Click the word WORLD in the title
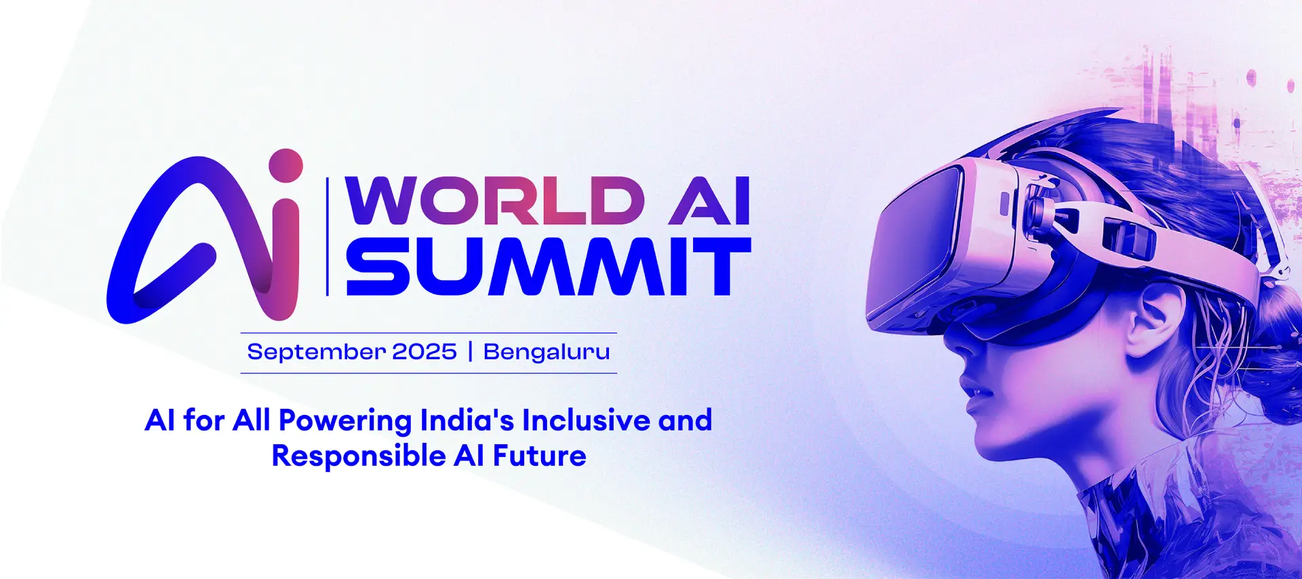495,201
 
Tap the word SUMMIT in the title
549,266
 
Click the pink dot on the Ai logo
285,165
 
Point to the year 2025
425,351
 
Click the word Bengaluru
547,353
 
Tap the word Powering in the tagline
344,421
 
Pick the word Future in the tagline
539,456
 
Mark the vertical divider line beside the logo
328,237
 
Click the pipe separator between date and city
470,352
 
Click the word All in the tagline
252,420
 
